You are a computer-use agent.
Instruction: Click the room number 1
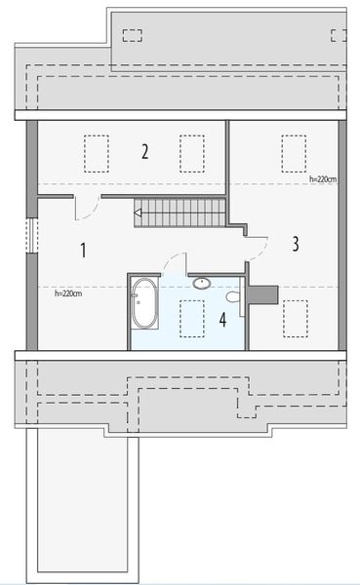[x=83, y=251]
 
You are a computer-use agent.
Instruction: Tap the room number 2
[x=144, y=151]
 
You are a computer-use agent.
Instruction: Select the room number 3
[x=295, y=244]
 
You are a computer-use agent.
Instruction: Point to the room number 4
[x=222, y=319]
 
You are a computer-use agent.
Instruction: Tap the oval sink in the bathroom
[x=202, y=283]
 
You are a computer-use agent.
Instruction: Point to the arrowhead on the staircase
[x=139, y=212]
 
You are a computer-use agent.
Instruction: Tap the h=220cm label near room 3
[x=323, y=179]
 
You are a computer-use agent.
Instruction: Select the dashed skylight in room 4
[x=191, y=317]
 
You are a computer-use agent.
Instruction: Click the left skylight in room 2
[x=95, y=151]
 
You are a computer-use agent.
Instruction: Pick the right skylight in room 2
[x=191, y=151]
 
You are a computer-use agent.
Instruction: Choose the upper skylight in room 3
[x=293, y=151]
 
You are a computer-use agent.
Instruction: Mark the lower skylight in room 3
[x=293, y=317]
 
